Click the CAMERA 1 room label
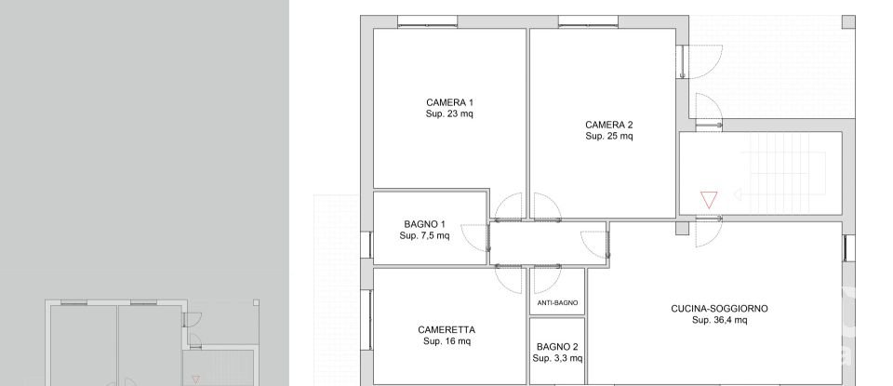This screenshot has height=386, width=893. (449, 102)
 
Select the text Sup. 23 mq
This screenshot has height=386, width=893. (449, 114)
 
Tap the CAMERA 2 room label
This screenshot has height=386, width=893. (609, 125)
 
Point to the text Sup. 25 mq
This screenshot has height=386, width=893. (609, 137)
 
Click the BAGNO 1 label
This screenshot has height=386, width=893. (424, 224)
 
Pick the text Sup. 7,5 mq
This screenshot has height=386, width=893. (424, 236)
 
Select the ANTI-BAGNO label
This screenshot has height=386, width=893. (558, 303)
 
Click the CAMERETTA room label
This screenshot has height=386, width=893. (446, 330)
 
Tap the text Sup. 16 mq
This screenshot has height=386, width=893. (446, 342)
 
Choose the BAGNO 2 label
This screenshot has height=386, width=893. (557, 347)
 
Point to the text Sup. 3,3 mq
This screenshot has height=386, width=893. (557, 358)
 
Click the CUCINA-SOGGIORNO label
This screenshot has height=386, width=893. (719, 309)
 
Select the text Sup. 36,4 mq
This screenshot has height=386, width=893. (719, 321)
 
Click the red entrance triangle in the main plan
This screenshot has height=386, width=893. (709, 199)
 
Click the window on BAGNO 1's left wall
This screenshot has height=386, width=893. (369, 246)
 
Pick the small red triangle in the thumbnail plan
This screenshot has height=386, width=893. (195, 379)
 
